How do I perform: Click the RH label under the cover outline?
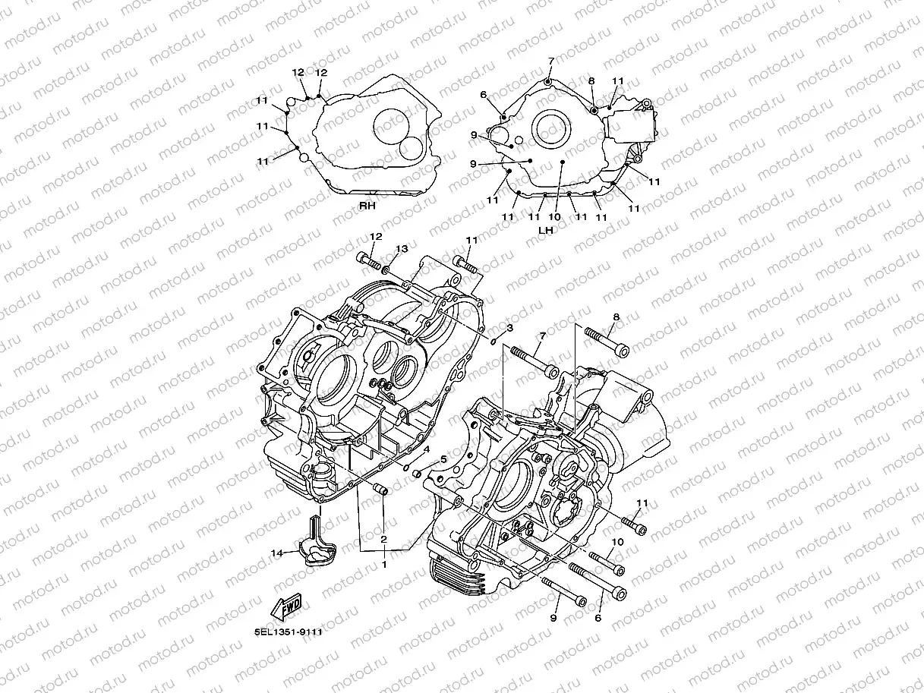[368, 206]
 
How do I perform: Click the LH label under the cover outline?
[544, 229]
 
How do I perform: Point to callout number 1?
[384, 565]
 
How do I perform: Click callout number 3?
[509, 328]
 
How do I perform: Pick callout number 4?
[426, 449]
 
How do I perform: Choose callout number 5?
[443, 459]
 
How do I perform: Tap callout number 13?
[402, 249]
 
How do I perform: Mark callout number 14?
[277, 553]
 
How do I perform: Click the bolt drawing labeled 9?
[563, 591]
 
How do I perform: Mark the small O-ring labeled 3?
[494, 339]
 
